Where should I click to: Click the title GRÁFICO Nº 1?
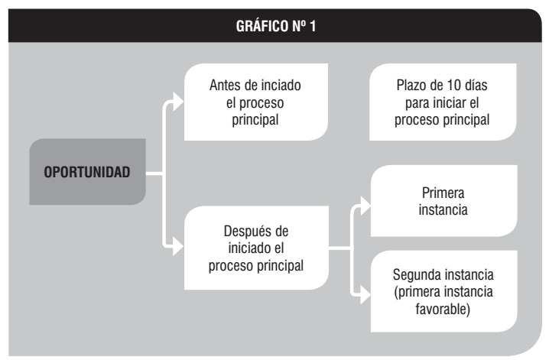[x=276, y=26]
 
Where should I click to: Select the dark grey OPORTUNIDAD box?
[x=87, y=171]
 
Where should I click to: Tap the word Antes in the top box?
[x=225, y=85]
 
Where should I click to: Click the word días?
[x=476, y=85]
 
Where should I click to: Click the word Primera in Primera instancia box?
[x=443, y=193]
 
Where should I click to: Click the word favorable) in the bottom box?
[x=443, y=309]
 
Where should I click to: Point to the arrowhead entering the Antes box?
[x=178, y=102]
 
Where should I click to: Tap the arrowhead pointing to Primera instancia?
[x=365, y=206]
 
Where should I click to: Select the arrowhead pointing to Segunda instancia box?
[x=365, y=294]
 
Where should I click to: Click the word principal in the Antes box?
[x=255, y=120]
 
